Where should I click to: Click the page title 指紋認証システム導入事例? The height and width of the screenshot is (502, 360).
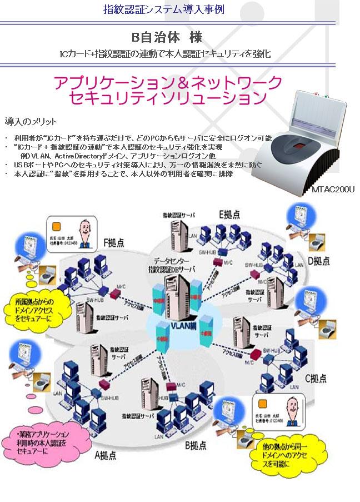coord(164,9)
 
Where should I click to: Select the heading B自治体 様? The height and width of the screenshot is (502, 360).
coord(166,38)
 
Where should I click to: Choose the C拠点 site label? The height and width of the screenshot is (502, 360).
coord(316,379)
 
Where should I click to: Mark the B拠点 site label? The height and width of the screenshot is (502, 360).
coord(194,445)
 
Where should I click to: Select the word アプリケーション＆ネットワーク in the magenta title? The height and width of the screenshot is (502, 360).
coord(168,83)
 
